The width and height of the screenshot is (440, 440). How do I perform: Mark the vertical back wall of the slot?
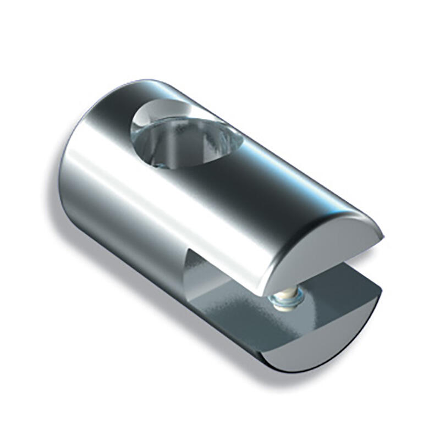click(x=204, y=269)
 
